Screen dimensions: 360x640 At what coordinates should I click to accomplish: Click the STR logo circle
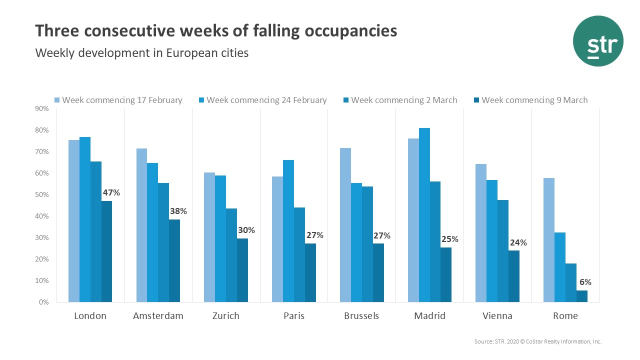(x=598, y=41)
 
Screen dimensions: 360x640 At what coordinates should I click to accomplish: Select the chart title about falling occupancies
(x=216, y=30)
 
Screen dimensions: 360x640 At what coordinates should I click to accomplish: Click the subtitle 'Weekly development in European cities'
(x=141, y=52)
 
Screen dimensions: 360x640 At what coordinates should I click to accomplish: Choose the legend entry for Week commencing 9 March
(x=530, y=100)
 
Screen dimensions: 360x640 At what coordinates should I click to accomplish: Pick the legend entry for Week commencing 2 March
(x=399, y=100)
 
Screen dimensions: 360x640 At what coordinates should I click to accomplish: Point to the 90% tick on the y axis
(x=41, y=109)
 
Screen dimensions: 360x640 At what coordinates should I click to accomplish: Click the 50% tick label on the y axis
(x=41, y=195)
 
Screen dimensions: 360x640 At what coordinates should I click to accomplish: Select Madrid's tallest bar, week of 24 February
(x=424, y=215)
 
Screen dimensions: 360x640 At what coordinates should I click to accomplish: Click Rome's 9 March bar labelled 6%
(x=581, y=296)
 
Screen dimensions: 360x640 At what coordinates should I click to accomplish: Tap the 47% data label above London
(x=111, y=192)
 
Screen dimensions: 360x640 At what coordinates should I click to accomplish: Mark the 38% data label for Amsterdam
(x=178, y=211)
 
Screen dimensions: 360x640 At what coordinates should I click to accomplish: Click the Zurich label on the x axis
(x=225, y=316)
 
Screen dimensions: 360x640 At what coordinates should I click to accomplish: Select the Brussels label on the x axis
(x=361, y=316)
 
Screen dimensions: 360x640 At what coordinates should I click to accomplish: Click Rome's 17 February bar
(x=548, y=240)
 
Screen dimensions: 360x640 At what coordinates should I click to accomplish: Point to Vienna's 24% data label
(x=518, y=243)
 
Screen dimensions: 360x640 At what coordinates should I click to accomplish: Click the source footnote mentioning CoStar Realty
(x=537, y=341)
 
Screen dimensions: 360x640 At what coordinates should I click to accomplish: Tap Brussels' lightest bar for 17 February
(x=345, y=225)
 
